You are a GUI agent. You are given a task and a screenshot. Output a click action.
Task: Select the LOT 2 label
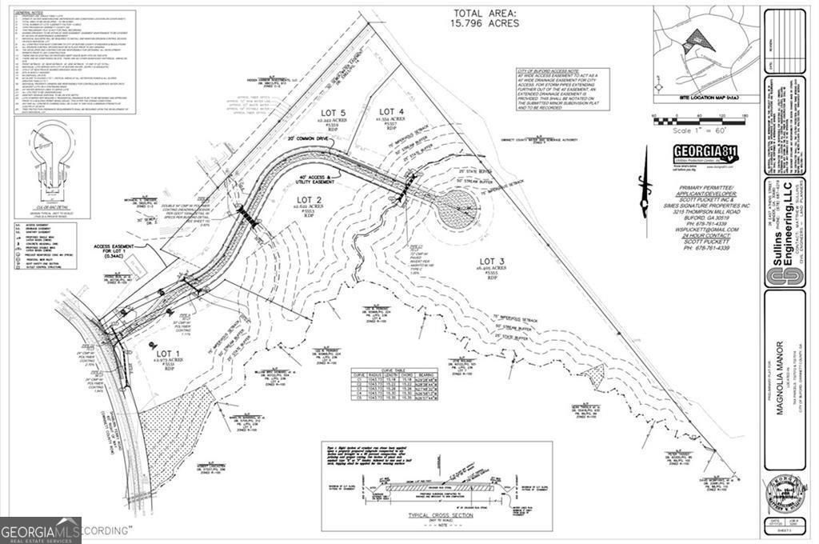pos(308,199)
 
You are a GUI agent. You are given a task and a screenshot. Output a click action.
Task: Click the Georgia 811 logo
pos(705,154)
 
